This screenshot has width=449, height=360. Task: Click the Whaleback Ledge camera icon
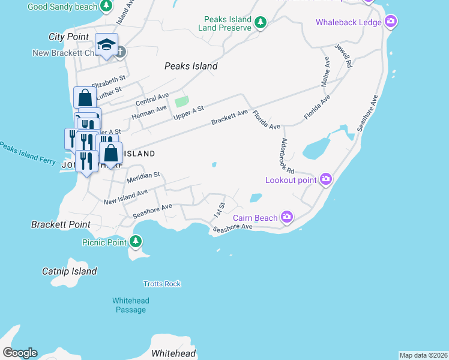tap(391, 22)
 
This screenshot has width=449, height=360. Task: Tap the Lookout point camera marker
tap(326, 179)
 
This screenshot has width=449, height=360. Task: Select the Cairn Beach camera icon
tap(287, 217)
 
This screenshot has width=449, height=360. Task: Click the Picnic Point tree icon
tap(136, 241)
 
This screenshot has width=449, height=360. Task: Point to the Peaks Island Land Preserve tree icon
tap(260, 23)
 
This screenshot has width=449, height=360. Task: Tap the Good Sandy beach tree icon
tap(106, 6)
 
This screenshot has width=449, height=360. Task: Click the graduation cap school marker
tap(106, 44)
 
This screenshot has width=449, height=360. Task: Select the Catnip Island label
tap(69, 271)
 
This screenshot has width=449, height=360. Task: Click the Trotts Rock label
tap(162, 284)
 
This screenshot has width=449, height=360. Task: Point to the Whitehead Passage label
tap(130, 305)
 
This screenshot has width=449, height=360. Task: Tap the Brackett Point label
tap(61, 224)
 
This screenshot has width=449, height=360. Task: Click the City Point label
tap(68, 37)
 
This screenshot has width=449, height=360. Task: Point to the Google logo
tap(20, 353)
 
